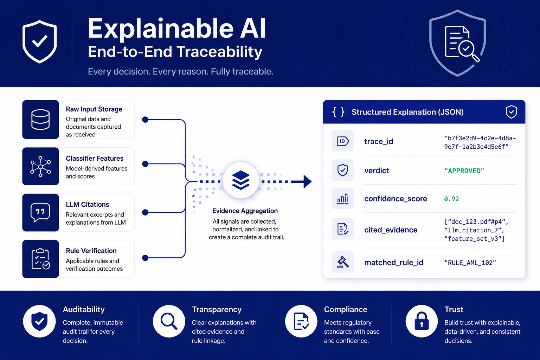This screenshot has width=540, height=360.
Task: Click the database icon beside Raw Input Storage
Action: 40,120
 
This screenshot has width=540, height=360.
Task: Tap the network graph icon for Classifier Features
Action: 40,166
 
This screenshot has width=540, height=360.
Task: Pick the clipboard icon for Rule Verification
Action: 40,259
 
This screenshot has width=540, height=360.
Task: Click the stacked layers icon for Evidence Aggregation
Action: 240,180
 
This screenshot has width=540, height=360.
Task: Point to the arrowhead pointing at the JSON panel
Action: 307,181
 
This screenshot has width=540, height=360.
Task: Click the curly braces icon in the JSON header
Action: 338,112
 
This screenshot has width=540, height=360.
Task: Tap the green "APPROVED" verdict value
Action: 464,171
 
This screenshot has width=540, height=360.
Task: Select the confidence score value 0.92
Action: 451,199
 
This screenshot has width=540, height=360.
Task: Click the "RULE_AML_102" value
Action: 470,263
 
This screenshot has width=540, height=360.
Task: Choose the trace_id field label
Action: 379,142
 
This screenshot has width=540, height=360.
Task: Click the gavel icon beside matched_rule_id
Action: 342,262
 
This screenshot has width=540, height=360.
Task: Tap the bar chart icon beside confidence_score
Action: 342,199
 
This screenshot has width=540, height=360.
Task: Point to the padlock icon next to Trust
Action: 422,321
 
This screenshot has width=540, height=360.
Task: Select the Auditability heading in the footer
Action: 84,309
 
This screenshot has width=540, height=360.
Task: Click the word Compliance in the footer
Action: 346,309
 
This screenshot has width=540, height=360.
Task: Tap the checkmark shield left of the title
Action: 40,41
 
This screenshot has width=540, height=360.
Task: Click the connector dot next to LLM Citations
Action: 145,212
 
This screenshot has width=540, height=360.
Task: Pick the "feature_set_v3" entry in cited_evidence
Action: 474,239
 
